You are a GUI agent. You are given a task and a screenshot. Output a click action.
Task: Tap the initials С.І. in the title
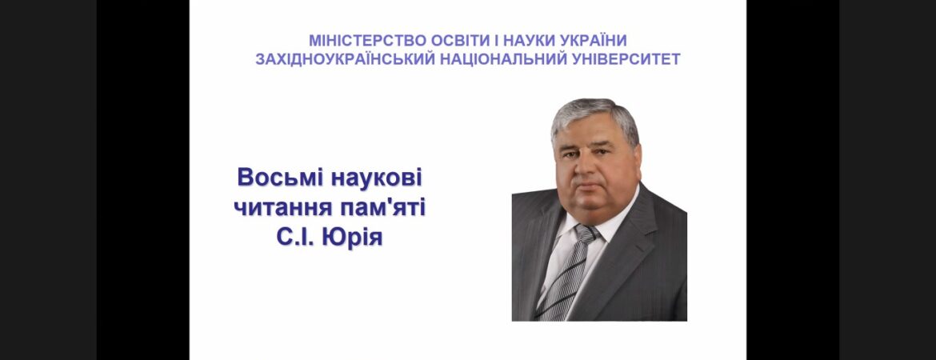tap(295, 238)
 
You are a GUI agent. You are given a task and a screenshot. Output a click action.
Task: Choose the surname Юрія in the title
tap(352, 238)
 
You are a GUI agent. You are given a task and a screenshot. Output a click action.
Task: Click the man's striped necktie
tap(568, 273)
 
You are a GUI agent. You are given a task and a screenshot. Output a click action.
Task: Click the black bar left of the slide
tap(143, 180)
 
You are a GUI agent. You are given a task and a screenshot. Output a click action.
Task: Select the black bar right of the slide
tap(793, 180)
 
